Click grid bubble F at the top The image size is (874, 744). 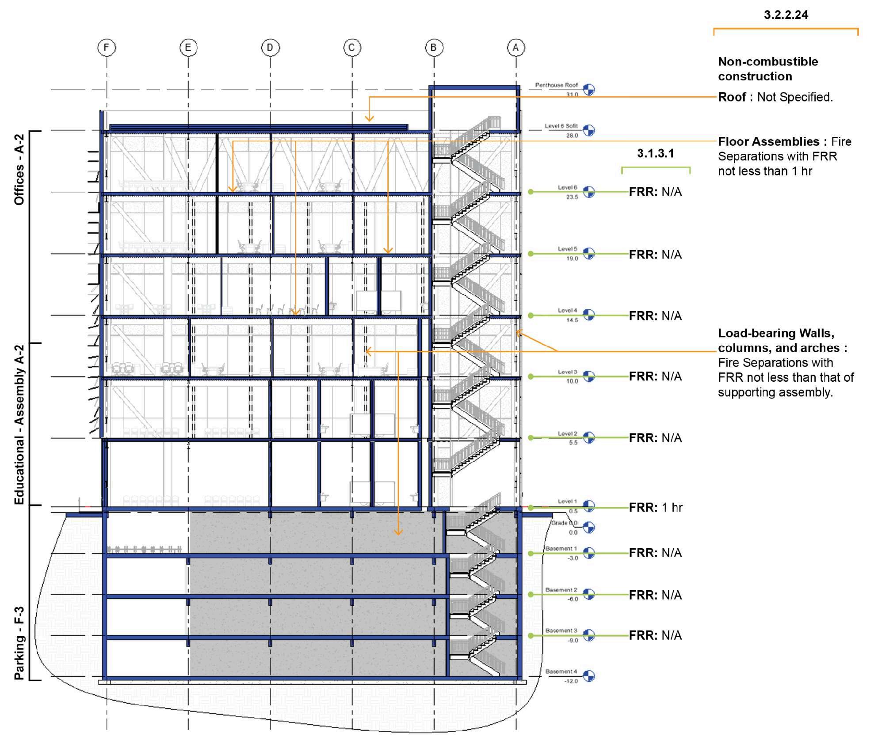pos(107,47)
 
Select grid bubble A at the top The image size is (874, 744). pos(515,47)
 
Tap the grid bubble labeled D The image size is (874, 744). pos(270,47)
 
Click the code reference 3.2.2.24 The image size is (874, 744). pos(786,15)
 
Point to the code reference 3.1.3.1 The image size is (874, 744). pos(655,153)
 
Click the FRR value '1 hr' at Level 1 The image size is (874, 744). pos(672,508)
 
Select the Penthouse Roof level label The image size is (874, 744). pos(556,85)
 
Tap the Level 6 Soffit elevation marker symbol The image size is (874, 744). pos(589,130)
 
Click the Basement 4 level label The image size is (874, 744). pos(561,672)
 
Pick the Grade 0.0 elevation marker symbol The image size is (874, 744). pos(589,527)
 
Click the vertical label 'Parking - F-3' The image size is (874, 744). pos(19,643)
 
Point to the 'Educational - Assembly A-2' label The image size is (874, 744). pos(19,424)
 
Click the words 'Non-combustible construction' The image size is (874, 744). pos(767,69)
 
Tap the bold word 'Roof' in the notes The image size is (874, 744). pos(732,97)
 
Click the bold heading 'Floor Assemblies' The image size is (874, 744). pos(768,142)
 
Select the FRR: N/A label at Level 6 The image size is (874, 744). pos(655,192)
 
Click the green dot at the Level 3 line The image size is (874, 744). pos(531,377)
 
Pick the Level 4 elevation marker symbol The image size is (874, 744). pos(589,315)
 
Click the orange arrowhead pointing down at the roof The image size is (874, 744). pos(369,118)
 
